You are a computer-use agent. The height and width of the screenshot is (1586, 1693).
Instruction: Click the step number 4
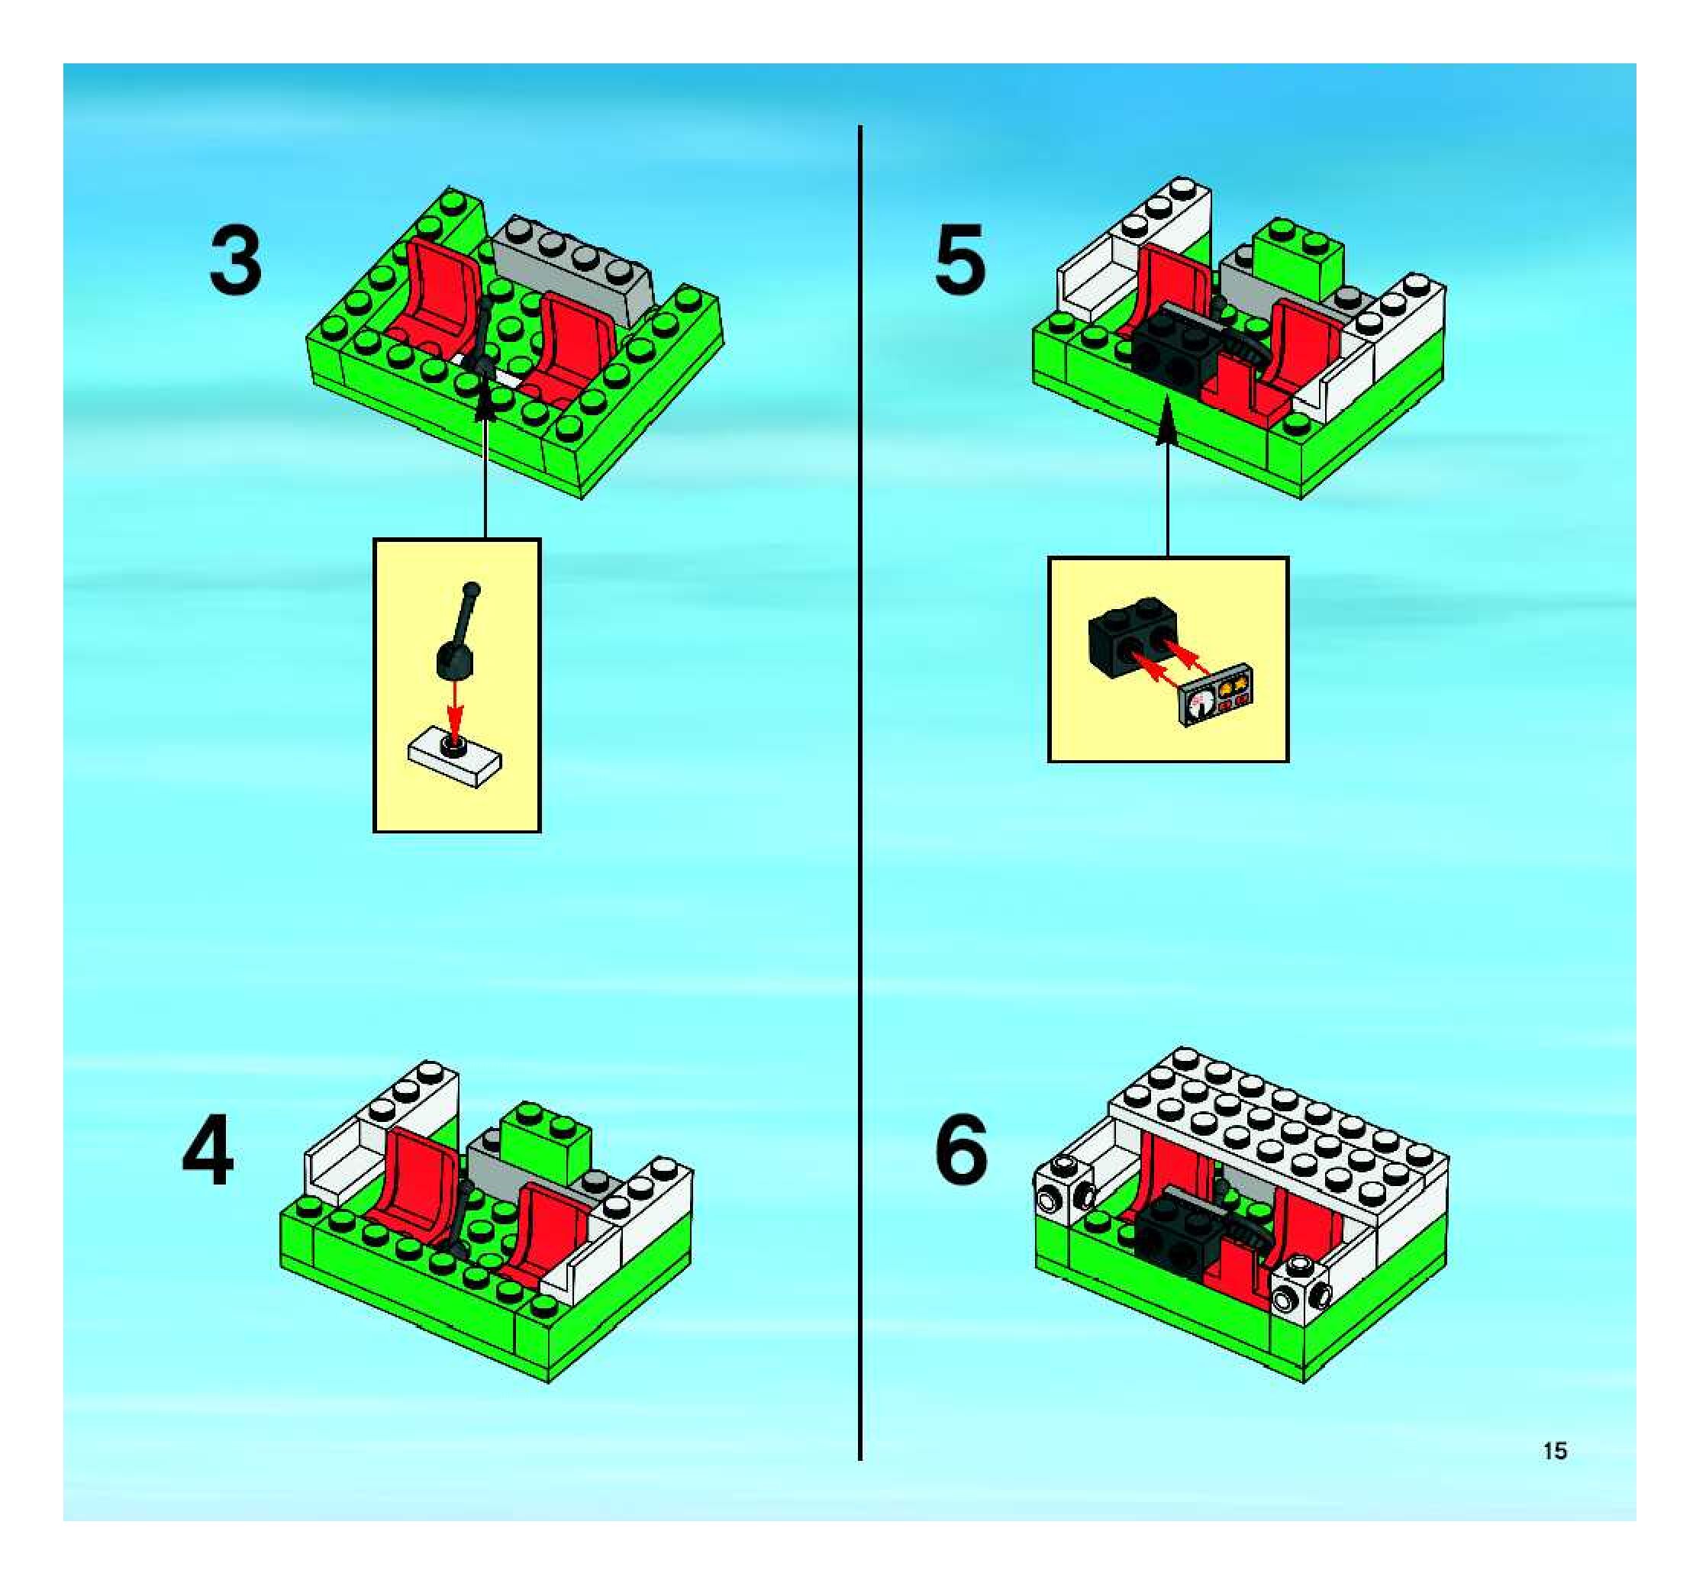click(208, 1152)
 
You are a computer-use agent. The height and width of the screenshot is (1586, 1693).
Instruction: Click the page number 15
click(1555, 1451)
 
